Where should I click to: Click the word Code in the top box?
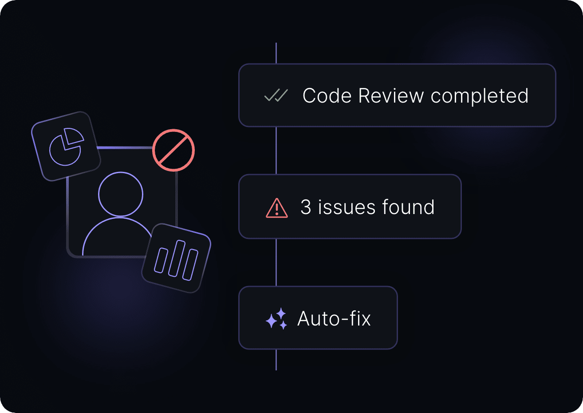coord(327,96)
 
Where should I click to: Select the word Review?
coord(391,96)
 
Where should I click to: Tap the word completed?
coord(479,96)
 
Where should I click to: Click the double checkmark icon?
coord(276,95)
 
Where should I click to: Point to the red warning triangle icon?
coord(277,208)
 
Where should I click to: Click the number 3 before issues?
coord(306,207)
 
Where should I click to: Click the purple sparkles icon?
coord(276,319)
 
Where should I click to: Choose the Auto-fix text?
coord(334,319)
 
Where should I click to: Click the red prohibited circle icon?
coord(173,151)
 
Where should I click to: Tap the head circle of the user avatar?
coord(121,195)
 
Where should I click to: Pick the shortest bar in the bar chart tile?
coord(161,261)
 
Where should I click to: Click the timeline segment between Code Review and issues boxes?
coord(276,150)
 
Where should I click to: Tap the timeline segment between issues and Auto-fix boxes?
coord(276,262)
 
